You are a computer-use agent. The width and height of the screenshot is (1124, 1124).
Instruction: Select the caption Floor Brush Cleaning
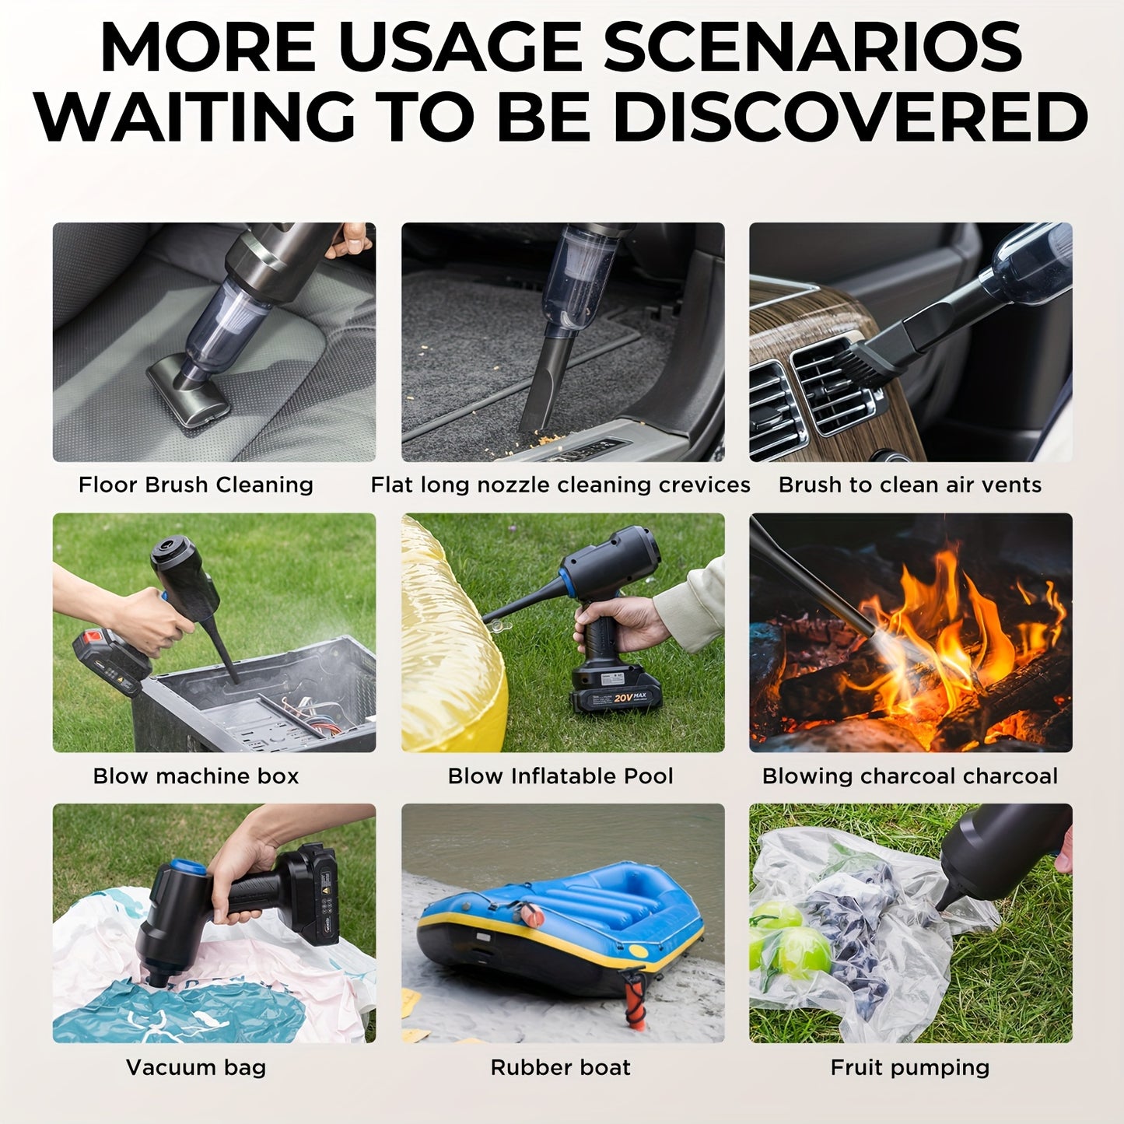pos(196,485)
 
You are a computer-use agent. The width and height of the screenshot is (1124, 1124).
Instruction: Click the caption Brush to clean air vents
pos(910,485)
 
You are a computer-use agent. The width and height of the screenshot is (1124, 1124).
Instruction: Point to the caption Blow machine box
pos(196,776)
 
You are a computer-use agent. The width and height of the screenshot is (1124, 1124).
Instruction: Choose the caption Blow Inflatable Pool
pos(561,776)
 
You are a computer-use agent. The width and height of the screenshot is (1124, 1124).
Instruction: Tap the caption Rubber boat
pos(561,1067)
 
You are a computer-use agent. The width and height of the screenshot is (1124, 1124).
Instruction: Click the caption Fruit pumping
pos(910,1068)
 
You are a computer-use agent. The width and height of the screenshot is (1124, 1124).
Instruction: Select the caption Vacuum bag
pos(196,1068)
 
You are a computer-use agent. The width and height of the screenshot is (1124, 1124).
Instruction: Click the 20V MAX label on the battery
pos(631,697)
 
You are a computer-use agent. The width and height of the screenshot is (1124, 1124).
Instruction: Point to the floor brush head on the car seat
pos(187,396)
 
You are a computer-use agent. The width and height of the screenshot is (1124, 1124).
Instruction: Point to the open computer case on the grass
pos(257,697)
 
